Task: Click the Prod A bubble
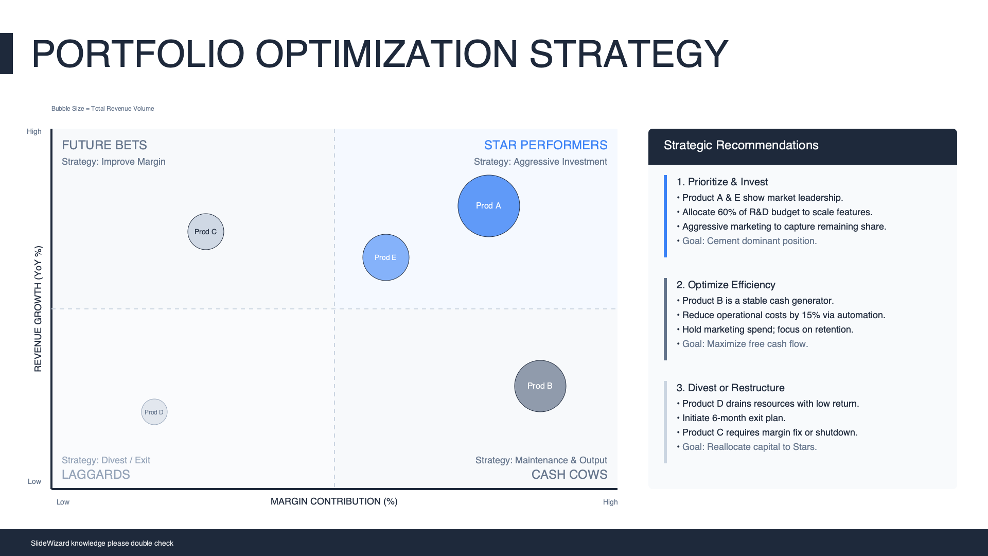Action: pos(489,206)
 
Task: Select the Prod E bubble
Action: pos(386,257)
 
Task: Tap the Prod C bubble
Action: pos(206,232)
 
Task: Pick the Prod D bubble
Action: pos(154,412)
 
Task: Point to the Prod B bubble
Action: pos(540,386)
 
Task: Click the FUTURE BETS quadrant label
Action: pos(104,145)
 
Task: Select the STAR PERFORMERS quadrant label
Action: pos(546,145)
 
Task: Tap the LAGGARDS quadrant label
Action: pos(96,475)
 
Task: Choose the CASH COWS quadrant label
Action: pos(570,475)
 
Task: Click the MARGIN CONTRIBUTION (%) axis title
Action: pos(334,501)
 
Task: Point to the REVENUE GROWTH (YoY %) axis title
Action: pos(38,309)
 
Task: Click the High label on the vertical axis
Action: pos(34,131)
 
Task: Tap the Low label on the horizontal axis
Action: pos(63,502)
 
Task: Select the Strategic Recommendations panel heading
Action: pos(741,145)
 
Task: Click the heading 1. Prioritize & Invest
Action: pos(722,182)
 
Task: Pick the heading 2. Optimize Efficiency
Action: pos(726,285)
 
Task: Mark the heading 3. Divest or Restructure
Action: pos(731,388)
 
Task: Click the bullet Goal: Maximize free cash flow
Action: pos(745,344)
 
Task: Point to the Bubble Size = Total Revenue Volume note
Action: pos(103,109)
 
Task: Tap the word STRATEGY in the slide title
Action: pos(629,54)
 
